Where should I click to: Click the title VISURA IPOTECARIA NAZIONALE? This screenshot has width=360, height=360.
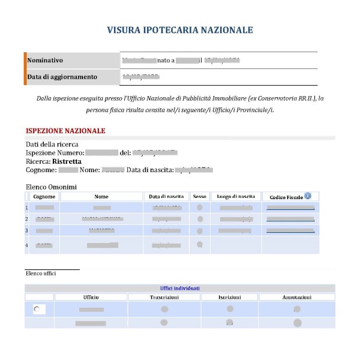point(180,30)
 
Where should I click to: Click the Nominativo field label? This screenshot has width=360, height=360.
point(45,61)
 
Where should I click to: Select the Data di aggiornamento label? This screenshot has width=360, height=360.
point(61,77)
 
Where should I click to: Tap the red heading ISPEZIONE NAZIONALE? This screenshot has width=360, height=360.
point(65,131)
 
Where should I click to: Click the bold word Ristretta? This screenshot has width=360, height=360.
point(67,161)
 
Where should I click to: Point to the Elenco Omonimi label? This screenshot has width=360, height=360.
point(51,187)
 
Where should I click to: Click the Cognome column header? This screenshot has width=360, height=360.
point(44,197)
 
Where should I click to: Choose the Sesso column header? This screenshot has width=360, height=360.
point(199,197)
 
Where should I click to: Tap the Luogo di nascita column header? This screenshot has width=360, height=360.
point(236,197)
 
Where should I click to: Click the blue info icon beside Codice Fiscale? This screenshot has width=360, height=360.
point(308,196)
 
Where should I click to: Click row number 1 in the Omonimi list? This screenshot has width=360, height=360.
point(27,208)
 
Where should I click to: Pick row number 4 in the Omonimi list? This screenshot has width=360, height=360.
point(27,245)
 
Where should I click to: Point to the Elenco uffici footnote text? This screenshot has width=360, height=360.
point(41,274)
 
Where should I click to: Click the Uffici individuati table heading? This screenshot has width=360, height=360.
point(180,289)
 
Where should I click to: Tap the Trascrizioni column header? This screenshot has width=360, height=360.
point(164,298)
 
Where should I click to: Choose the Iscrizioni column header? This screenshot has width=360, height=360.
point(229,298)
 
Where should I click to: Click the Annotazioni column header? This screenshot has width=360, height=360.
point(296,298)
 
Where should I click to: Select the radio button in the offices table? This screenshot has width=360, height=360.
point(38,309)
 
